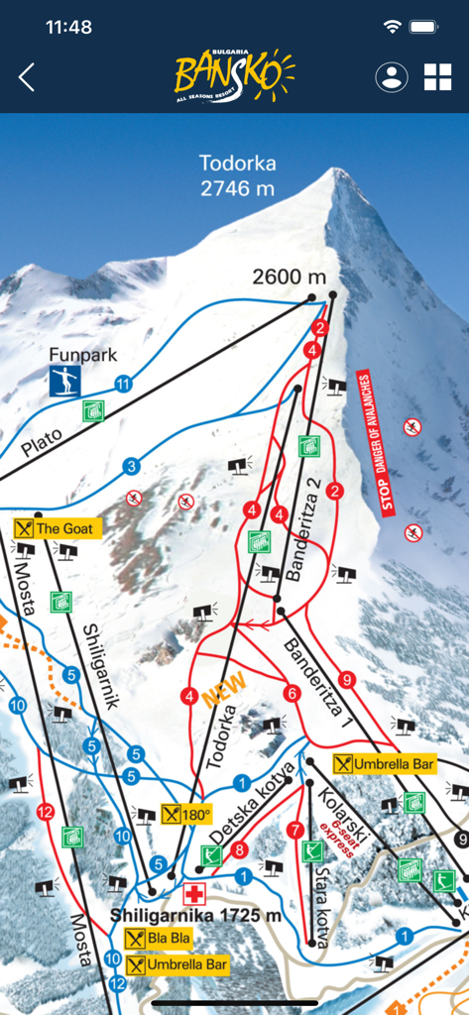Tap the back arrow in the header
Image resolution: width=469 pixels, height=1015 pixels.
click(27, 77)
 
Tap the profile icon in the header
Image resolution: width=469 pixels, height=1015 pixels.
click(392, 77)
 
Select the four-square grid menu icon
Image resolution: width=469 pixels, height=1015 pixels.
click(437, 77)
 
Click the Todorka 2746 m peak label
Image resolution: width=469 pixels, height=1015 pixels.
click(237, 174)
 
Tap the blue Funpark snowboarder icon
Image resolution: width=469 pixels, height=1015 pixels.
click(65, 381)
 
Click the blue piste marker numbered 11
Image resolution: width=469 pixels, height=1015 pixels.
click(123, 384)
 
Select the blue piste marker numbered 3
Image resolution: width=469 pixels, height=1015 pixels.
click(131, 466)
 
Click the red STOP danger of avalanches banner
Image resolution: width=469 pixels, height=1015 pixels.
click(374, 442)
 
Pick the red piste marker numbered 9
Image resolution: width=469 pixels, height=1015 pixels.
click(346, 680)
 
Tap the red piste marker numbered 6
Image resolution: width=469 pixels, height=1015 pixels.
click(292, 694)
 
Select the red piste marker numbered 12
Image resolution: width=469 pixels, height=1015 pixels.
click(44, 813)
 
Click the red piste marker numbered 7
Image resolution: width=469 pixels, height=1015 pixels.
click(294, 829)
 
